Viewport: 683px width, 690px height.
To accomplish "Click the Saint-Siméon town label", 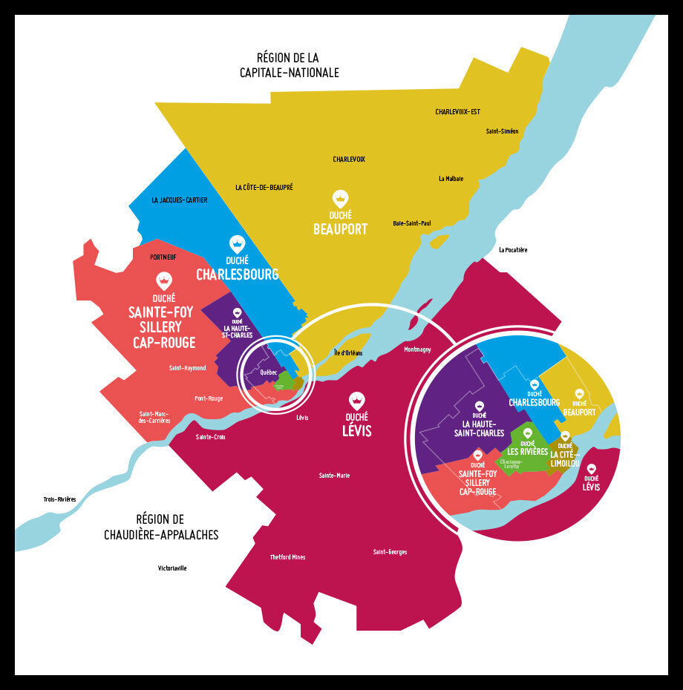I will tap(502, 131).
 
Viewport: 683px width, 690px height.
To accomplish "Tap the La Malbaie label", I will tap(451, 179).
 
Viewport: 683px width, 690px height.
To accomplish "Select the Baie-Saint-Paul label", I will tap(411, 223).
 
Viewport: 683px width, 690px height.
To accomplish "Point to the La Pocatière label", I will tap(513, 250).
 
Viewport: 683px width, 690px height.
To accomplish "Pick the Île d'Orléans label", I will tap(348, 353).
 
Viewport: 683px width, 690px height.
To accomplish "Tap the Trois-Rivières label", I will tap(59, 500).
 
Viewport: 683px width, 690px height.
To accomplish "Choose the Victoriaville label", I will tap(172, 568).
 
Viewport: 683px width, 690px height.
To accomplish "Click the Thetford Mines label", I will tap(287, 557).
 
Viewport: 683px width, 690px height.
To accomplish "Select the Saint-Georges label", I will tap(390, 552).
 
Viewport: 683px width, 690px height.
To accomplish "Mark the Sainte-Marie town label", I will tap(334, 476).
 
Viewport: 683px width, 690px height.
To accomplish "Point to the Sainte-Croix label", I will tap(210, 438).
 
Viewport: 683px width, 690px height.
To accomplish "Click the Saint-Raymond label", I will tap(187, 368).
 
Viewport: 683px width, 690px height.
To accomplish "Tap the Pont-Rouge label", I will tap(209, 398).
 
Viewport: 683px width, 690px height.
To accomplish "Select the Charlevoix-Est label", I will tap(457, 112).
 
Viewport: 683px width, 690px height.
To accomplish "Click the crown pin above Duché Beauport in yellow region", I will tap(340, 199).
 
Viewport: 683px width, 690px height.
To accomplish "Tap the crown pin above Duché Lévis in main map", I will tap(358, 401).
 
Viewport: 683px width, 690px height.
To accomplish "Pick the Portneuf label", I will tap(163, 257).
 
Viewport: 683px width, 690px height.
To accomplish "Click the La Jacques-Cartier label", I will tap(179, 200).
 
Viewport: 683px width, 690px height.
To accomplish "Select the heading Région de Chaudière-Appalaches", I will tap(161, 527).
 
